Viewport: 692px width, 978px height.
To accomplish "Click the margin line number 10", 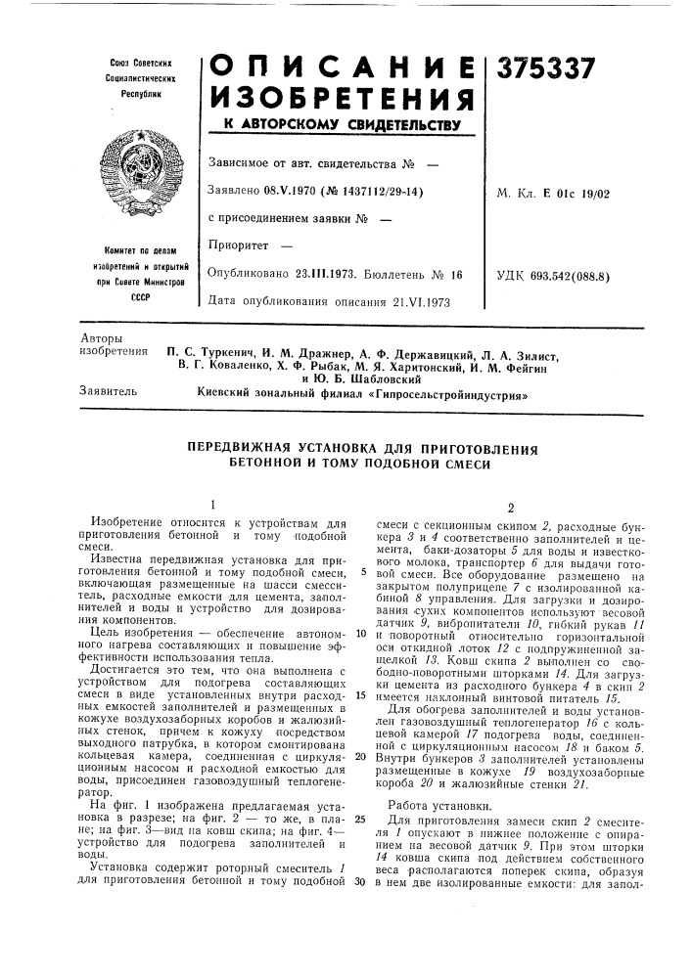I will tap(361, 633).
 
